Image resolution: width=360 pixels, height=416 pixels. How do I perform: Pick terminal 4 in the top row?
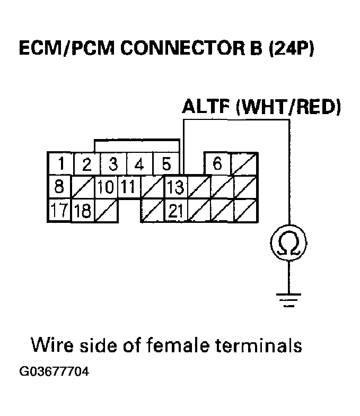point(139,164)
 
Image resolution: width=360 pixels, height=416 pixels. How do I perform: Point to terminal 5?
point(165,164)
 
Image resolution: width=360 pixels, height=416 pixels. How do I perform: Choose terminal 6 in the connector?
point(217,164)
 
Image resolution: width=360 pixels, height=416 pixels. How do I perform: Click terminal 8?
point(59,187)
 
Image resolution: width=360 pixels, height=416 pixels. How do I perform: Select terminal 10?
point(106,187)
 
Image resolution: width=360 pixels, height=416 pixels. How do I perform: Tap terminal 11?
point(128,187)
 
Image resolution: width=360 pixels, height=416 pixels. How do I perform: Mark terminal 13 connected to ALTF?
point(176,187)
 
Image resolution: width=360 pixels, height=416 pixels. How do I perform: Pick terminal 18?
point(83,211)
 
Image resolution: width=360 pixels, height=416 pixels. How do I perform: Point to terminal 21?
point(177,211)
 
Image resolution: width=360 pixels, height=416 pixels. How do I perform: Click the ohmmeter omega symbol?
point(289,244)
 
